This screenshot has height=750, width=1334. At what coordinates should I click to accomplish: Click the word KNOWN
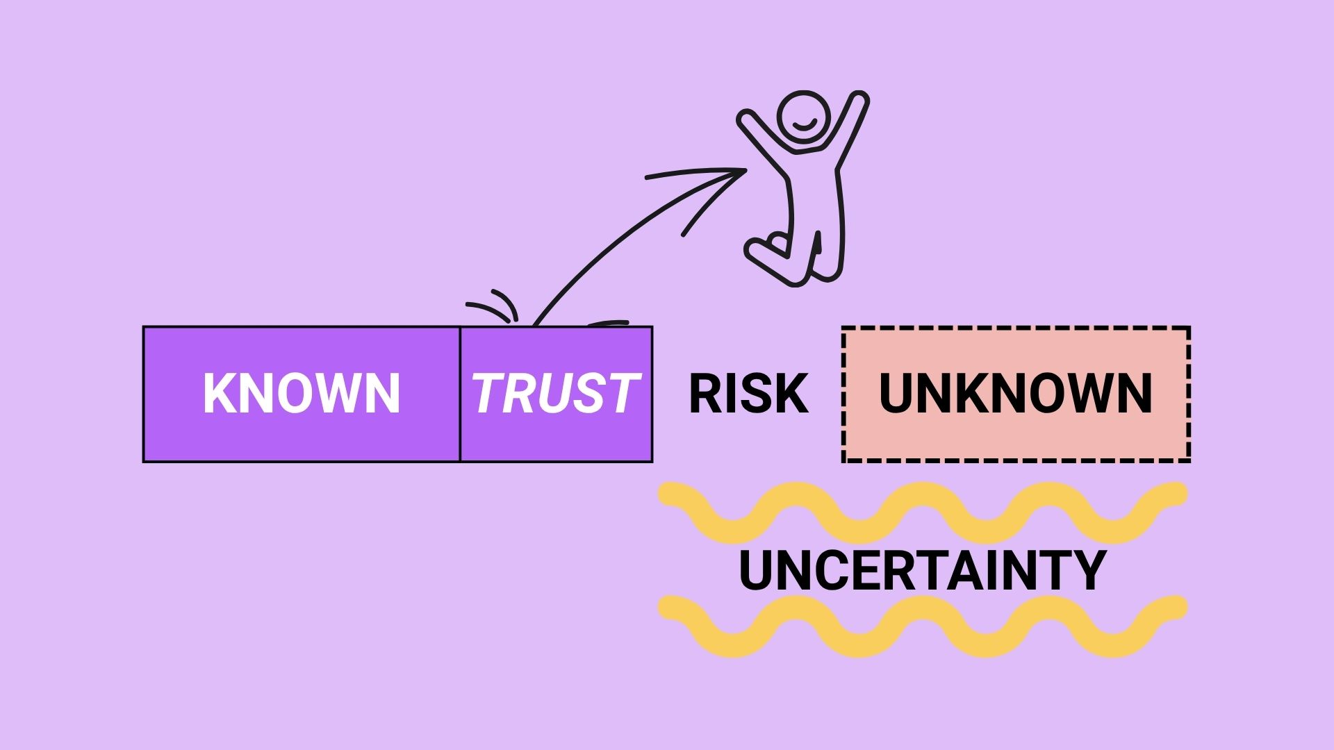(302, 393)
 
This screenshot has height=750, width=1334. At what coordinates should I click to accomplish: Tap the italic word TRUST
(554, 393)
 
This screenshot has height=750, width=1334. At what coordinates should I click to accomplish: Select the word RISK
(748, 393)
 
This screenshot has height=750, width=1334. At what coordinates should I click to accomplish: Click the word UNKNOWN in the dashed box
(1015, 393)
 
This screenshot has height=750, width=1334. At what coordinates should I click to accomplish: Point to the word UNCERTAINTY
(922, 570)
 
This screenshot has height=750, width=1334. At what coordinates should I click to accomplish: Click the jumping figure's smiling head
(803, 117)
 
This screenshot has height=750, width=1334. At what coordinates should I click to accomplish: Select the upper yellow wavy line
(922, 512)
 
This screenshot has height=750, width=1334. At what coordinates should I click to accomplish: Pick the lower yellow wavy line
(922, 626)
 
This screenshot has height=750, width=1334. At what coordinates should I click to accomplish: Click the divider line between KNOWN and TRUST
(460, 393)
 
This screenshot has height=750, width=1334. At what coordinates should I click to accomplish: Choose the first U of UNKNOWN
(897, 393)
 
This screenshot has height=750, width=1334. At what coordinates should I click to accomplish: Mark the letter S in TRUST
(581, 393)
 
